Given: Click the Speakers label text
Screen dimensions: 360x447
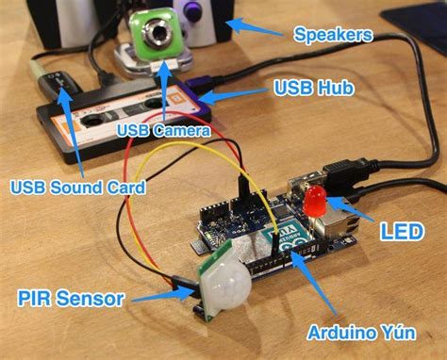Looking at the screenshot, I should coord(332,36).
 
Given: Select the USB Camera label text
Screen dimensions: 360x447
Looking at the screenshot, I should coord(163,129).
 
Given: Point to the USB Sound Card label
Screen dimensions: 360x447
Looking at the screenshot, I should coord(77,188).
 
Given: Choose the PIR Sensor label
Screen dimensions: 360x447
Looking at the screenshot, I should coord(71,300).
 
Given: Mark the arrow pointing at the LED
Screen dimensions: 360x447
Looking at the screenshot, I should coord(351,212).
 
